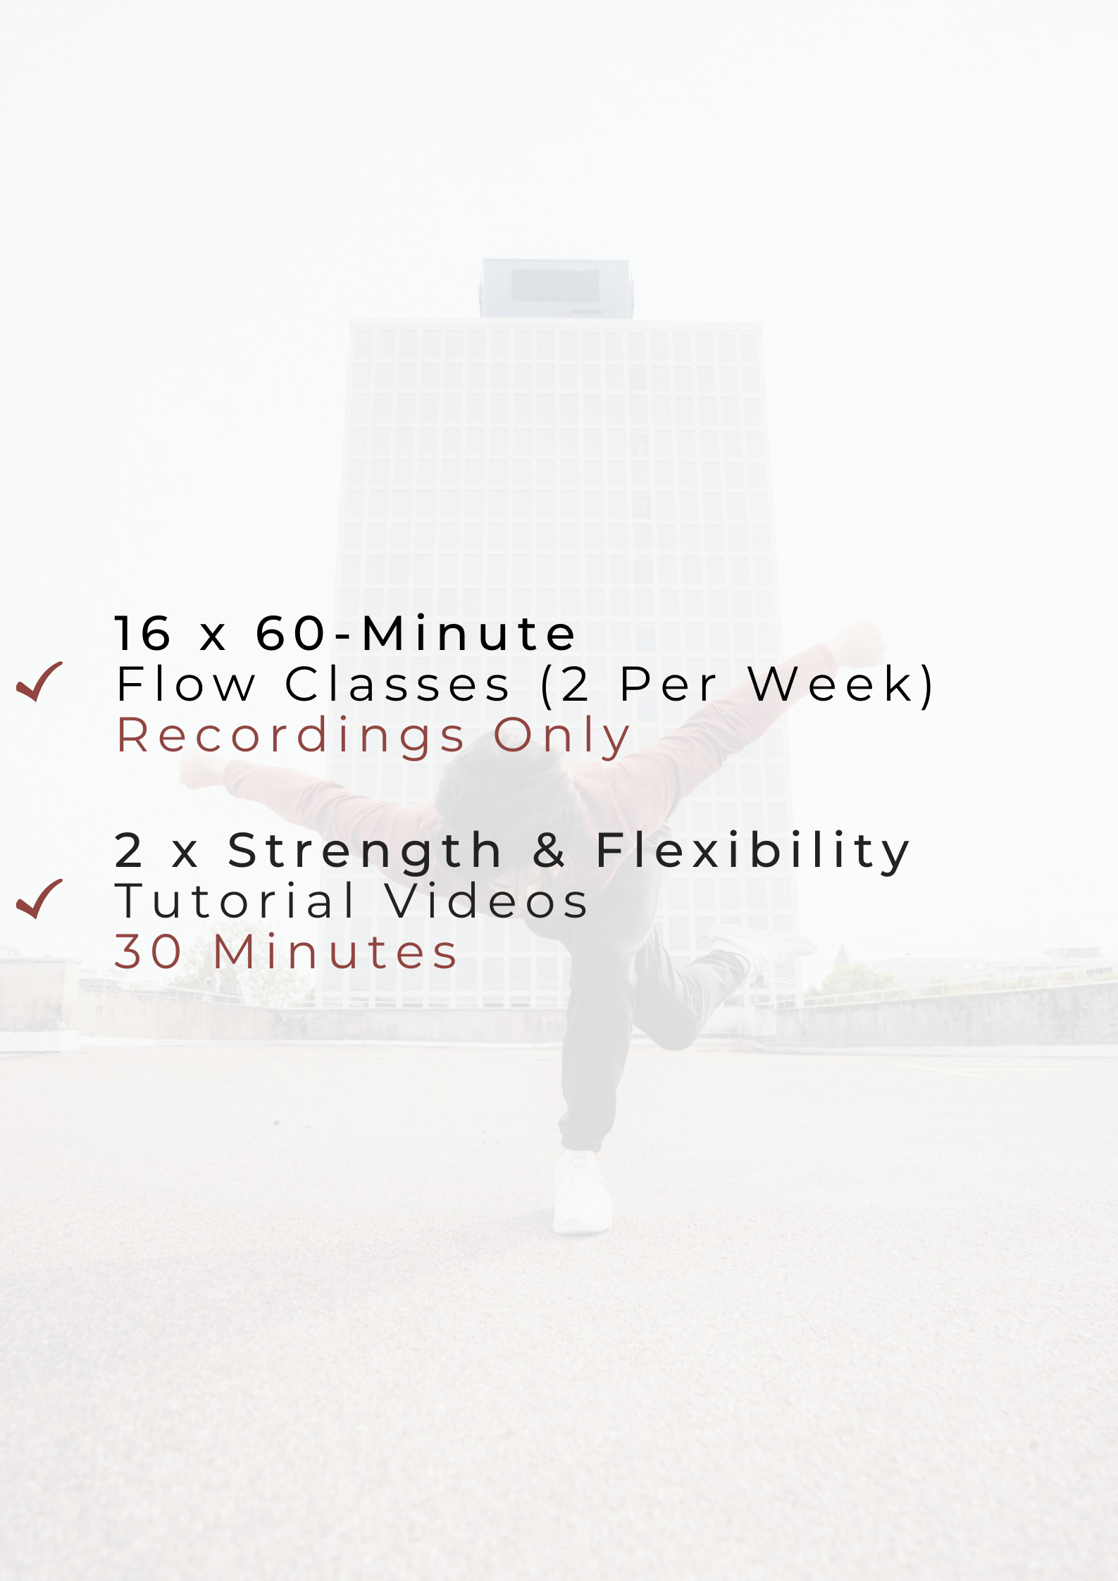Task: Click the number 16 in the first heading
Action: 143,632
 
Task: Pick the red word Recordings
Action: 290,737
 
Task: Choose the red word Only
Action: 561,737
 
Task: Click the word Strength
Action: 364,851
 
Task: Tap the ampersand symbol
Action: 549,850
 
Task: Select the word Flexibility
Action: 752,851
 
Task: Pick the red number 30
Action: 148,951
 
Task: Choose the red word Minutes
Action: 335,951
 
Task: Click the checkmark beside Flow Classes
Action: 39,682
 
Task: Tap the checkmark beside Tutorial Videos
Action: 39,899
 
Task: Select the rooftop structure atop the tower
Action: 557,288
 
